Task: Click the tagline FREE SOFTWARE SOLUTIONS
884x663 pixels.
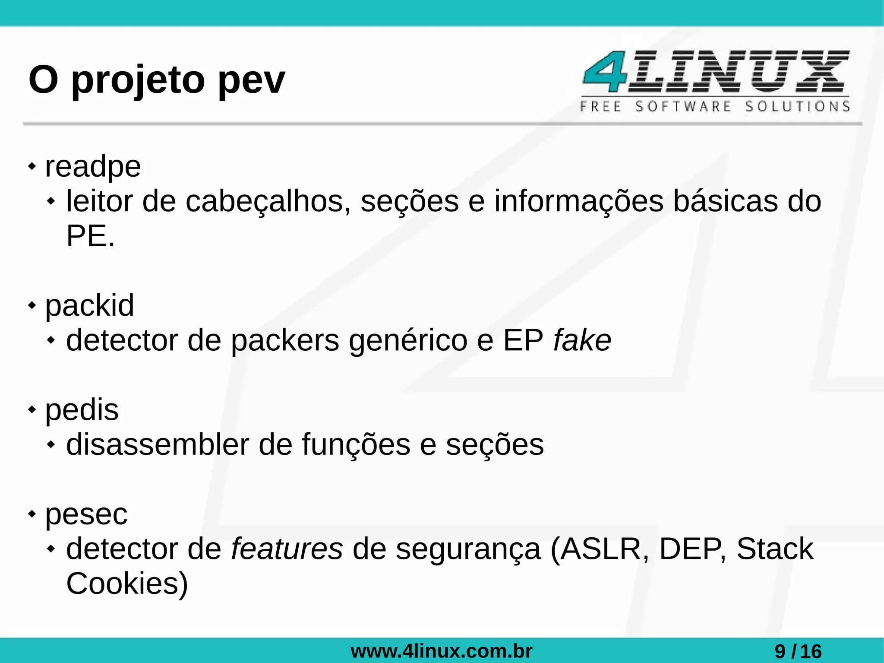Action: tap(715, 106)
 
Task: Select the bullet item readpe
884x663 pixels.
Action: tap(93, 167)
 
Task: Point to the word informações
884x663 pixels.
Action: tap(578, 202)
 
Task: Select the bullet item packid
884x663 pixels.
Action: tap(90, 306)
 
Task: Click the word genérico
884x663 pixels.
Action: tap(408, 341)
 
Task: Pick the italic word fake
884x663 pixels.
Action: tap(582, 341)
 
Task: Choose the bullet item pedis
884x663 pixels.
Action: tap(82, 410)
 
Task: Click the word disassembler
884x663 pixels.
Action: tap(158, 445)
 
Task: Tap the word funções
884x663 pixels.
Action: tap(356, 445)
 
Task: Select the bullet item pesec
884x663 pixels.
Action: tap(86, 514)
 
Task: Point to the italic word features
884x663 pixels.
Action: tap(287, 549)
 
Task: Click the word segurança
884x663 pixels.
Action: tap(468, 549)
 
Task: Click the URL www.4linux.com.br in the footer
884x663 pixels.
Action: tap(442, 651)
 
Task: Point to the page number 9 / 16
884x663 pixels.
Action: tap(798, 651)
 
